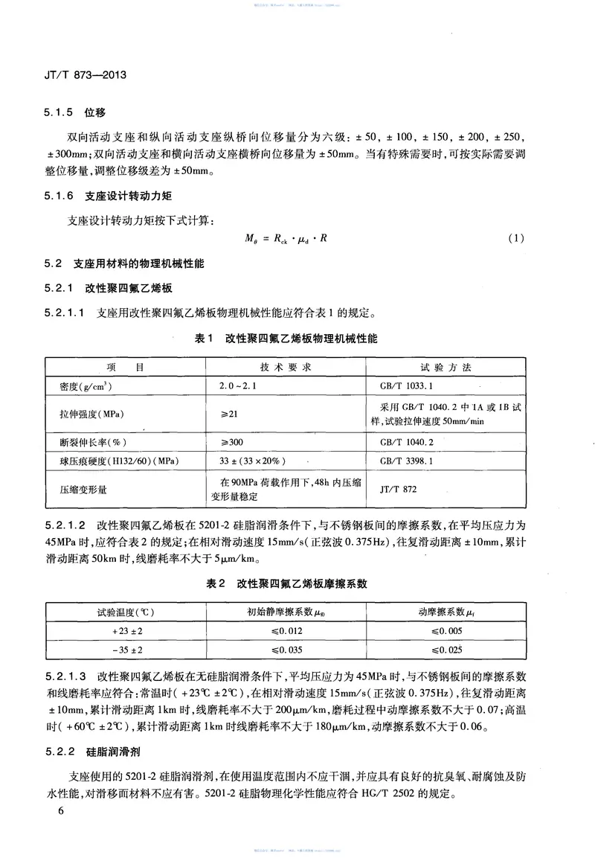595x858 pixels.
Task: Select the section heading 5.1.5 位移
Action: (x=75, y=112)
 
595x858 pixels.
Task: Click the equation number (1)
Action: (x=516, y=239)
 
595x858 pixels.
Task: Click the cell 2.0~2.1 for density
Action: (x=236, y=388)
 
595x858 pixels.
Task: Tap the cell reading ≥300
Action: (x=231, y=441)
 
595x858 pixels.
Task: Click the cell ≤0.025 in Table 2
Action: (x=446, y=650)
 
